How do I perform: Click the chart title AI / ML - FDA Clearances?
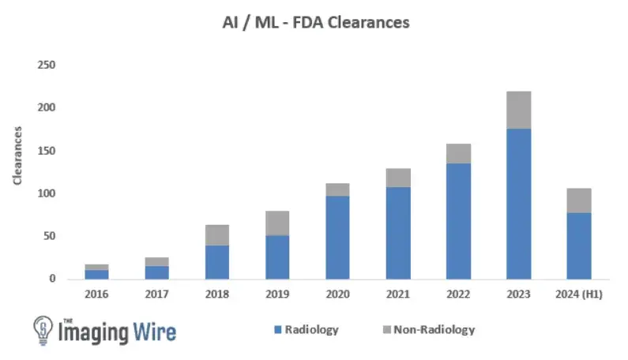[314, 23]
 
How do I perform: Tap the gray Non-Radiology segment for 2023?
[519, 110]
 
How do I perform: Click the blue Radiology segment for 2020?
[337, 237]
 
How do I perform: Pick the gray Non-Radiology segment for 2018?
[216, 234]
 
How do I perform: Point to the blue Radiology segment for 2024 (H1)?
[579, 246]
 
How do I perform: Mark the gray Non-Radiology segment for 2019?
[277, 223]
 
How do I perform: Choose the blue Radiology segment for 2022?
[458, 221]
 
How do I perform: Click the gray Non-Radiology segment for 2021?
[398, 178]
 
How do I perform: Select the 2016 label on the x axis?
[96, 294]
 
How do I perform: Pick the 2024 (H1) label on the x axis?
[579, 294]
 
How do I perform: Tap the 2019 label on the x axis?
[277, 294]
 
